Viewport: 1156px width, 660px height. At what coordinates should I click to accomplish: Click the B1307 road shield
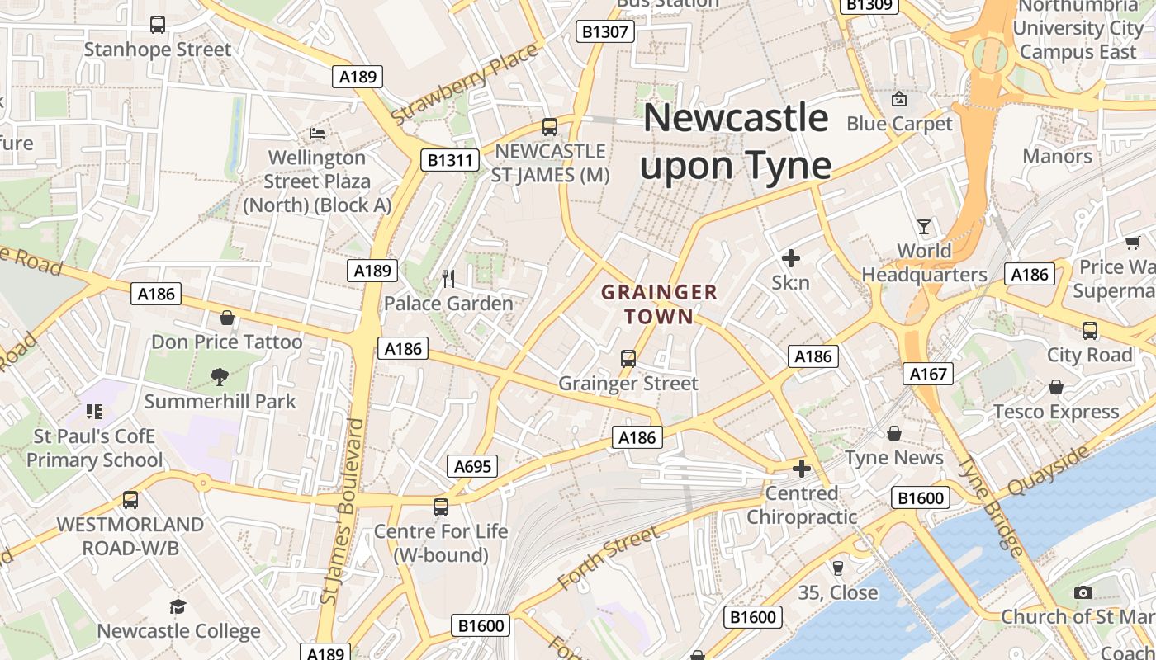(605, 32)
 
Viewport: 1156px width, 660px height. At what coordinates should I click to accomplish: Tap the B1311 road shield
(450, 159)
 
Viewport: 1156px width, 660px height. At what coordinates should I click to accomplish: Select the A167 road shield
(928, 374)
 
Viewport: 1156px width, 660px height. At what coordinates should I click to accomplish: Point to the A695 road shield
(473, 466)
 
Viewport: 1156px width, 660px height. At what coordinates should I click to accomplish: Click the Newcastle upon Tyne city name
(735, 141)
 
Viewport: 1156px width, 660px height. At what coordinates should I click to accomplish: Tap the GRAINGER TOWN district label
(659, 304)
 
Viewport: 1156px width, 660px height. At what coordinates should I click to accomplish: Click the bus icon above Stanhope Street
(158, 25)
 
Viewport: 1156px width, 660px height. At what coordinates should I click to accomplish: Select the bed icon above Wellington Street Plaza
(317, 133)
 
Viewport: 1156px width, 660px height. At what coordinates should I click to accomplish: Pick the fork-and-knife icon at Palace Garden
(448, 279)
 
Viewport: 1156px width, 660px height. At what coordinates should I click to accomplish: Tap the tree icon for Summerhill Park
(220, 377)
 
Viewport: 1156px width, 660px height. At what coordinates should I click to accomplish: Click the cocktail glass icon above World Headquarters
(923, 226)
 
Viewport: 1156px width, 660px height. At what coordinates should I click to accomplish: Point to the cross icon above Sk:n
(791, 258)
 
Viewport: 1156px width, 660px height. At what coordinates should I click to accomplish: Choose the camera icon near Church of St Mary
(1083, 592)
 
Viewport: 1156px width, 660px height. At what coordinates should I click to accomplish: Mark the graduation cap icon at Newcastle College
(178, 607)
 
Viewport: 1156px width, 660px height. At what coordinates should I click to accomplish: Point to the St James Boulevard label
(342, 511)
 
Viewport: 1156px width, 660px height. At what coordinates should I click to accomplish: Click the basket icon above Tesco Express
(1055, 387)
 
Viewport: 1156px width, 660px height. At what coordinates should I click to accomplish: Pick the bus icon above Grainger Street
(628, 359)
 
